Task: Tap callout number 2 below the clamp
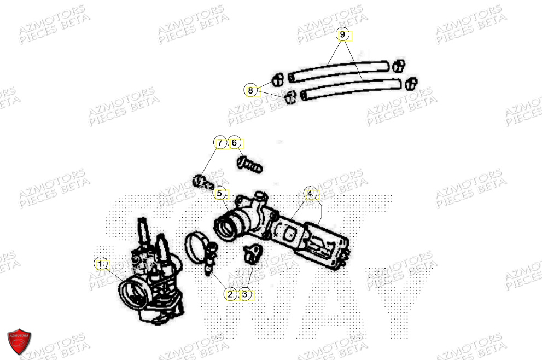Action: click(230, 294)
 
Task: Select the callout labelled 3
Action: click(245, 294)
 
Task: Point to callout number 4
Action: click(310, 194)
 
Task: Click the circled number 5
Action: click(219, 193)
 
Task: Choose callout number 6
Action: click(234, 143)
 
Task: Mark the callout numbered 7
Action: click(219, 143)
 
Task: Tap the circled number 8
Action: click(250, 90)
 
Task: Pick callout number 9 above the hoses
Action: click(342, 35)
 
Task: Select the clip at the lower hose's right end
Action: click(411, 83)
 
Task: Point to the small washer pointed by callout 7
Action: click(200, 179)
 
